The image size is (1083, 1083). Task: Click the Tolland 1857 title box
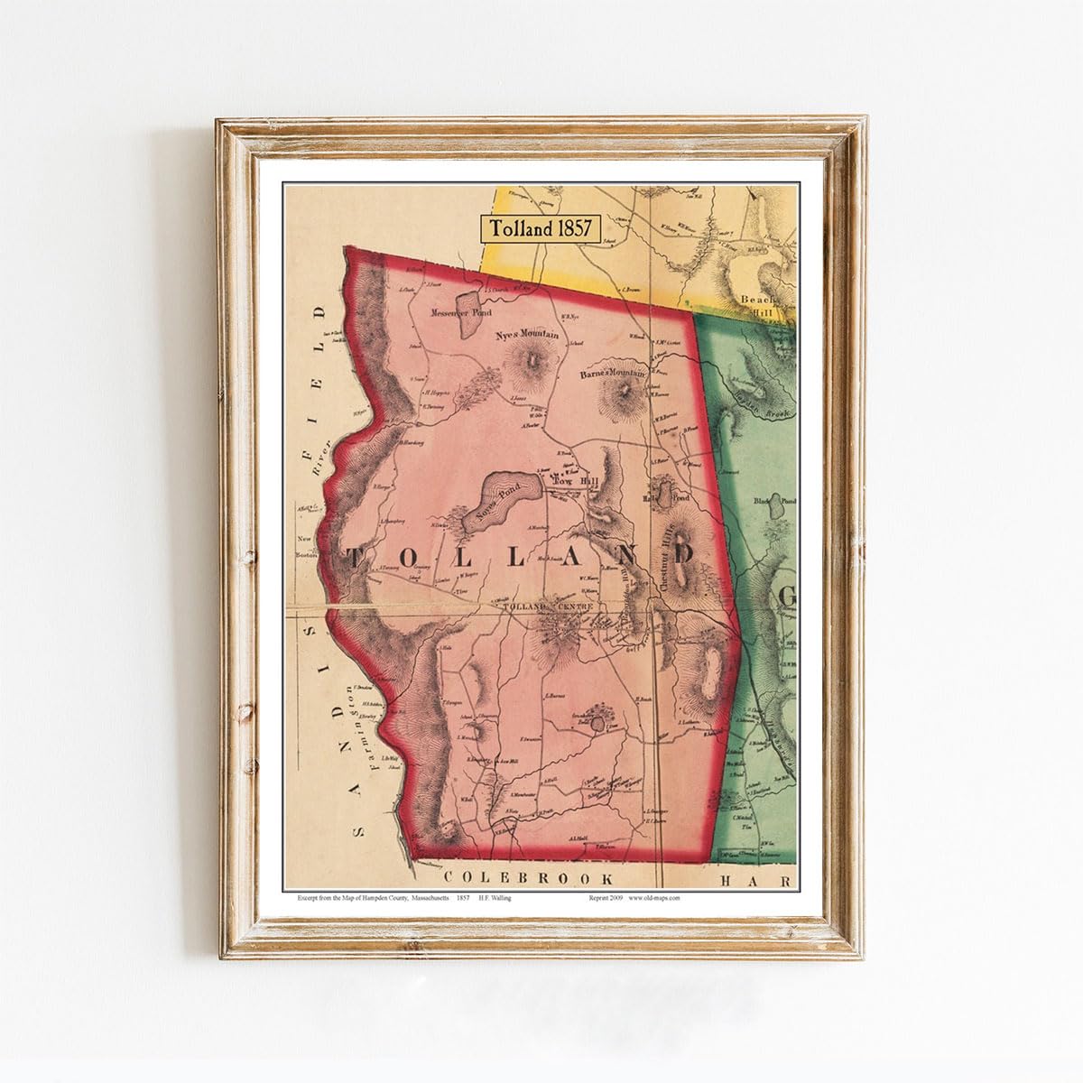point(540,228)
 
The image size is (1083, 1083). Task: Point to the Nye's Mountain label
point(528,335)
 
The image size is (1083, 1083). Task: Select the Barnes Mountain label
point(615,372)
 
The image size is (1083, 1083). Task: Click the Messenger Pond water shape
point(468,310)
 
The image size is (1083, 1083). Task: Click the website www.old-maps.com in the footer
point(654,898)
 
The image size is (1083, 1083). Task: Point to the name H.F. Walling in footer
point(496,898)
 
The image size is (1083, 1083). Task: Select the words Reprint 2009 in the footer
point(602,898)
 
